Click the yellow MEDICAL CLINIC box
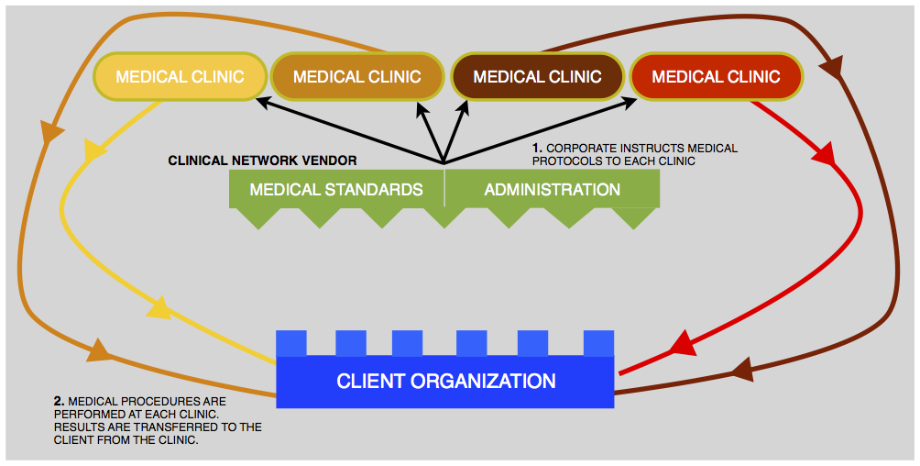[180, 76]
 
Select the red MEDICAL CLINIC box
[716, 76]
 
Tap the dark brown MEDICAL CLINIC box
[537, 76]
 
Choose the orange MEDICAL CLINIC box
[357, 76]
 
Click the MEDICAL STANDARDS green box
[336, 190]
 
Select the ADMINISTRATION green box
[552, 190]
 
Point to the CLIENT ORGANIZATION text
[445, 381]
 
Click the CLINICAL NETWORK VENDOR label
[262, 161]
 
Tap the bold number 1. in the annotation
[538, 148]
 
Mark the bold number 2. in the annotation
[60, 402]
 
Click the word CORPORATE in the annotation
[579, 148]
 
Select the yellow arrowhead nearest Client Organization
[159, 308]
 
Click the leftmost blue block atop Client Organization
[291, 343]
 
